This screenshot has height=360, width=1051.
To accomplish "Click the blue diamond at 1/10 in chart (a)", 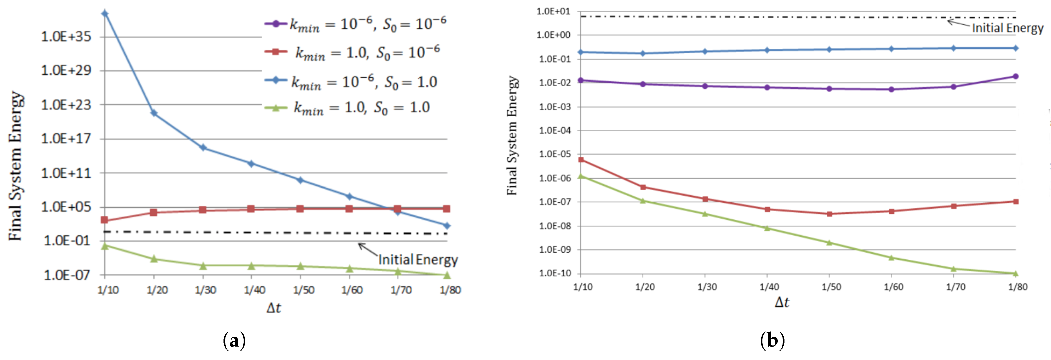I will pos(105,13).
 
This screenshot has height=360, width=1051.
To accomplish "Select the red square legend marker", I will pos(275,51).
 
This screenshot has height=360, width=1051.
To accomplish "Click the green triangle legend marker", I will pos(275,108).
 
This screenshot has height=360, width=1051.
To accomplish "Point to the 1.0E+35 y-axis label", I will pos(66,37).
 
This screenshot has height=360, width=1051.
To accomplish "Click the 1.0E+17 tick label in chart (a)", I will pos(66,139).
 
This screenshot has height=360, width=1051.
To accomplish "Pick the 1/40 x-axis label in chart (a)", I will pos(254,290).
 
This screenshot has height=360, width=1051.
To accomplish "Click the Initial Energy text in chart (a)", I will pos(418,260).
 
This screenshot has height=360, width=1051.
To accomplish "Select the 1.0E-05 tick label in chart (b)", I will pos(555,154).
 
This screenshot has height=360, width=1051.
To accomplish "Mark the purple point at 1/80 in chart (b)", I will pos(1016,76).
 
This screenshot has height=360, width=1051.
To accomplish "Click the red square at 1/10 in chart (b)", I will pos(581,160).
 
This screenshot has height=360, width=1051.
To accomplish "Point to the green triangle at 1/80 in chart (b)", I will pos(1016,273).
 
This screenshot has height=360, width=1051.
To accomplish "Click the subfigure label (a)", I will pos(234,340).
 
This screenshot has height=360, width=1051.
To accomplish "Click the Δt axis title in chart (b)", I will pos(782,302).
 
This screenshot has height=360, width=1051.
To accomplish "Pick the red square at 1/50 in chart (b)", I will pos(829,214).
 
